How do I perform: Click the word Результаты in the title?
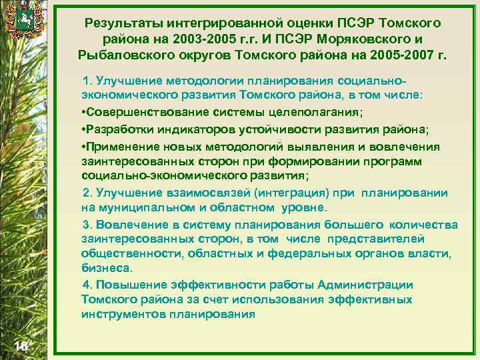pyautogui.click(x=123, y=23)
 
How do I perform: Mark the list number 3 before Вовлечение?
pyautogui.click(x=85, y=224)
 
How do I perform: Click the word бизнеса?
pyautogui.click(x=107, y=268)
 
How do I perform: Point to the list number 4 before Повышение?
pyautogui.click(x=85, y=285)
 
